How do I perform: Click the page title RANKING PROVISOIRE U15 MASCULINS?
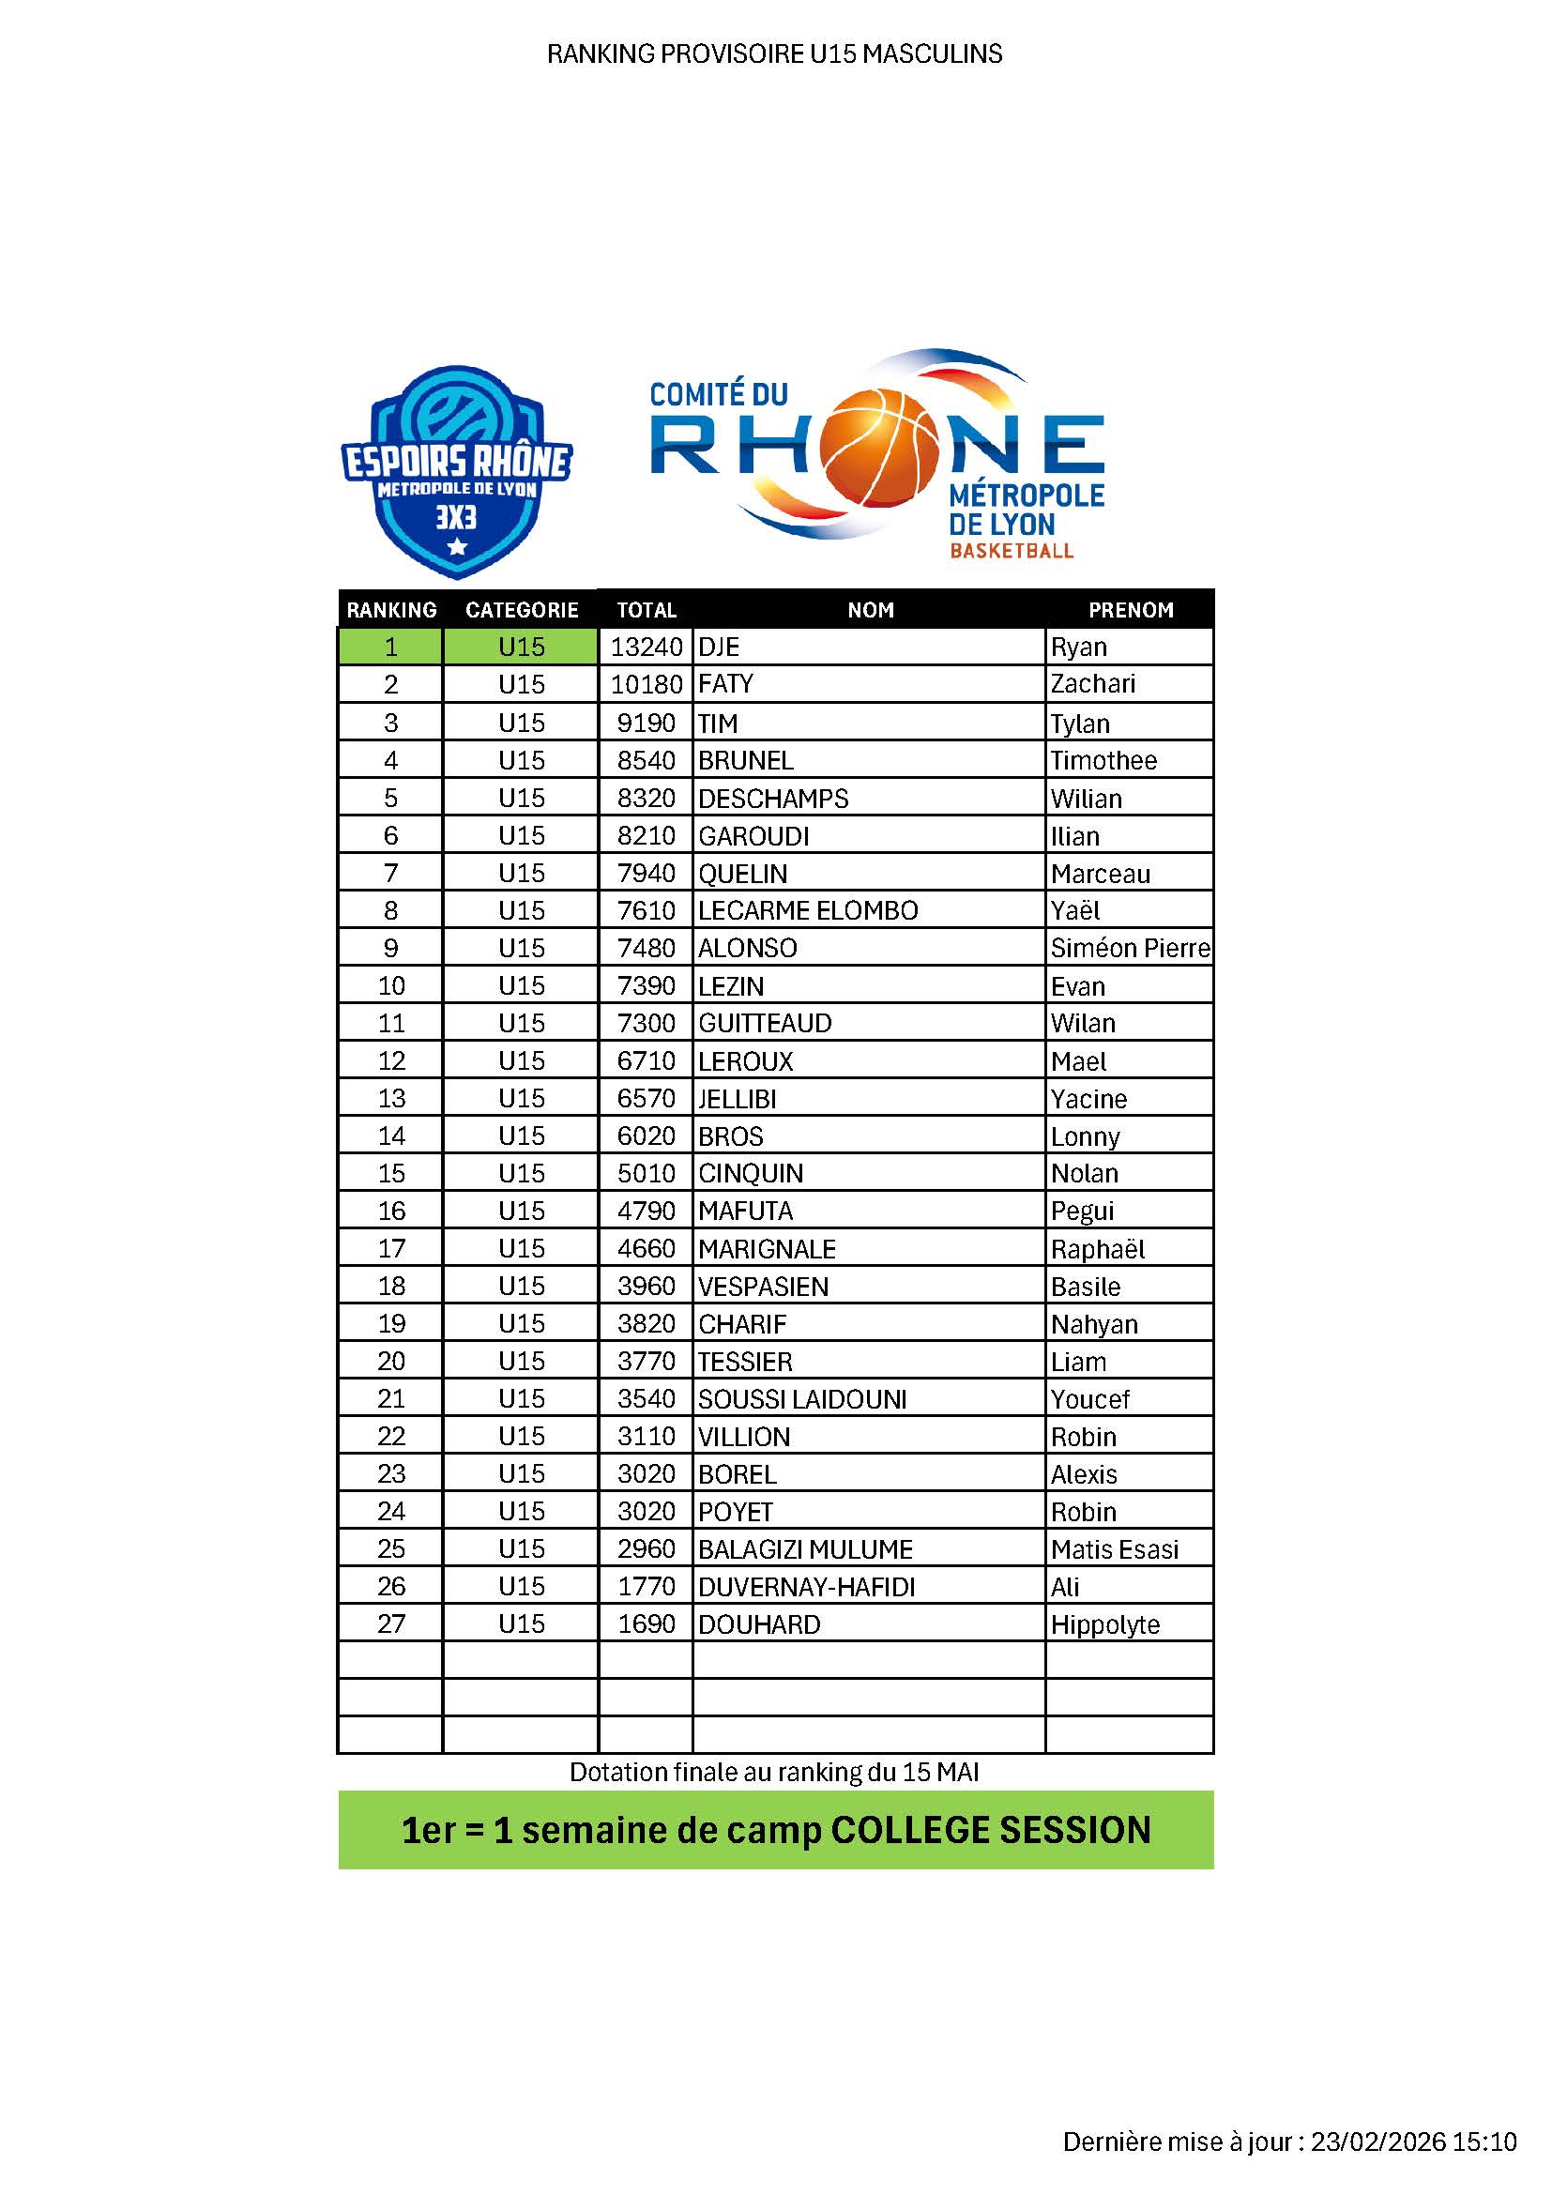tap(774, 53)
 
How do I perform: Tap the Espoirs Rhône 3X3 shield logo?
tap(457, 472)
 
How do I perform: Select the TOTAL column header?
tap(646, 610)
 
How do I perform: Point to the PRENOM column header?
tap(1131, 610)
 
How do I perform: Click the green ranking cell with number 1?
tap(391, 648)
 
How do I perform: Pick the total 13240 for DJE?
tap(646, 648)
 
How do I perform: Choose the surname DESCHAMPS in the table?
tap(773, 799)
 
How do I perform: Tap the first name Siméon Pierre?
tap(1130, 949)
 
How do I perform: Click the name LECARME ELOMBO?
tap(808, 911)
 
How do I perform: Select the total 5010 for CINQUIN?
tap(646, 1174)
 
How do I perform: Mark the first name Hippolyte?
tap(1104, 1625)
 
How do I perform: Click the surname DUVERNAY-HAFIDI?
tap(807, 1588)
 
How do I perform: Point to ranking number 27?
tap(391, 1624)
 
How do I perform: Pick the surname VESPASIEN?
tap(763, 1287)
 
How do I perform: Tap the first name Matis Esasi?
tap(1115, 1549)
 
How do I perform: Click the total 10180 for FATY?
tap(646, 684)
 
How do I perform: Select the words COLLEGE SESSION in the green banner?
tap(991, 1830)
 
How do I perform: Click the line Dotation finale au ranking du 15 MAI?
tap(774, 1773)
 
